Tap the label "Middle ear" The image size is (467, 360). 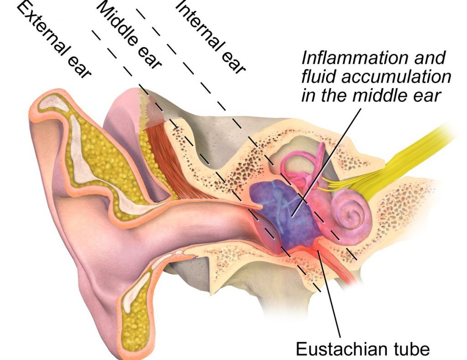pyautogui.click(x=130, y=34)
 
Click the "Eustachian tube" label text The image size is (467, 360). pyautogui.click(x=363, y=349)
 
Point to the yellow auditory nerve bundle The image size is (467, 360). pyautogui.click(x=410, y=155)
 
